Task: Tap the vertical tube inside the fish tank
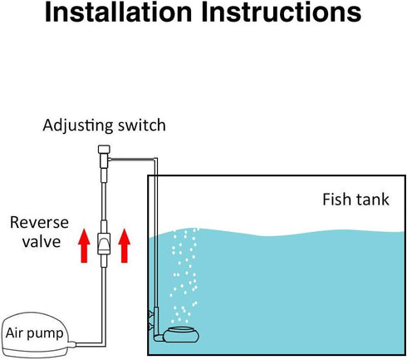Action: click(155, 249)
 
